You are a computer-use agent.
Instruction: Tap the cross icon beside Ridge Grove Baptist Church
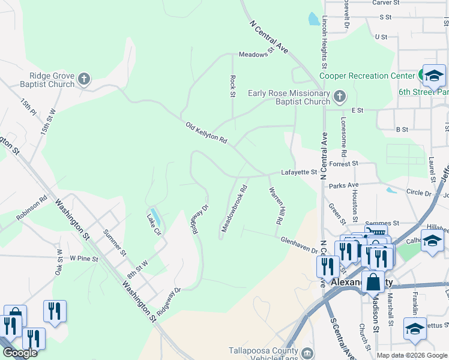85,79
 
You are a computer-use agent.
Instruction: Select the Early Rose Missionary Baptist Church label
289,97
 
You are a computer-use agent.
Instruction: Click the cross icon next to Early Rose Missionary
339,96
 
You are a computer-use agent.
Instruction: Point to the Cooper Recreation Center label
367,76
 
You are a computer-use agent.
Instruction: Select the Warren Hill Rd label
276,205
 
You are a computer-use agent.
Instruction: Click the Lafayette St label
300,172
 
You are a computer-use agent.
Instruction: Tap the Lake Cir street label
154,223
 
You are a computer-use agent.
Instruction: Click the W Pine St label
83,258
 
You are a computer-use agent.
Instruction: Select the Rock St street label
232,85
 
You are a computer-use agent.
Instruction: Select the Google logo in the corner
20,353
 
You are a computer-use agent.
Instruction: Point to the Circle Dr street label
419,194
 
